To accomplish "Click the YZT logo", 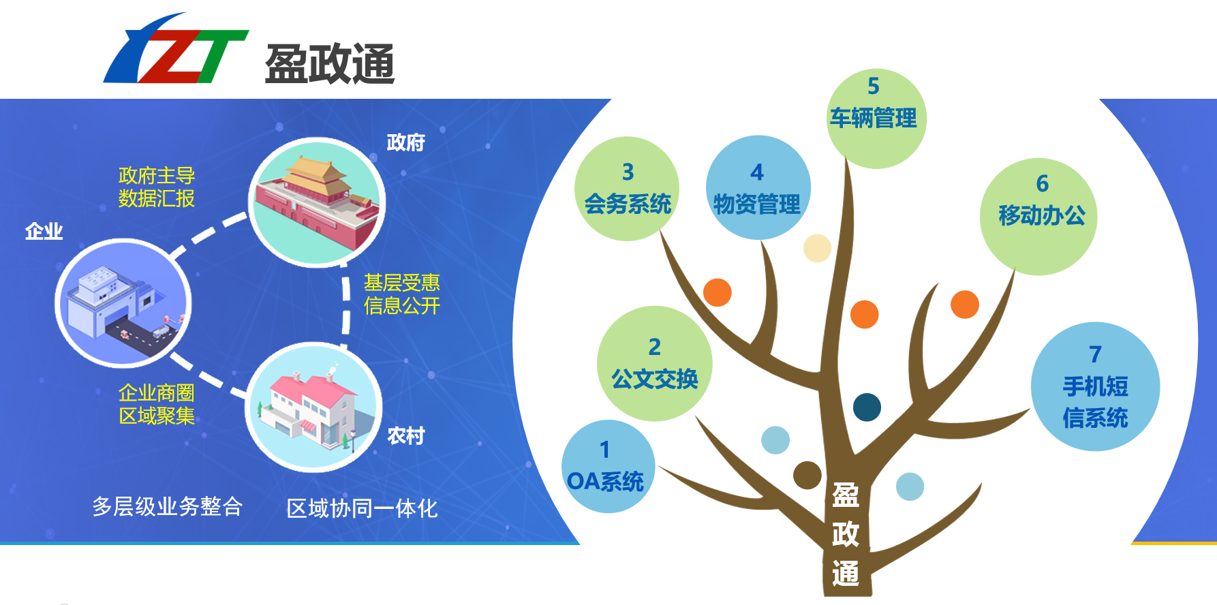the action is click(176, 49).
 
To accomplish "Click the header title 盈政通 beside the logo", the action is click(330, 64).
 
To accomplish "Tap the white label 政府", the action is click(405, 142).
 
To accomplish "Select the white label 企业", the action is click(44, 232).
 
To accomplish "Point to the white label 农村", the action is click(405, 436).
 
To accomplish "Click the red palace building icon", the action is click(317, 202).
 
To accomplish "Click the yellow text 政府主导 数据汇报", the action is click(157, 187).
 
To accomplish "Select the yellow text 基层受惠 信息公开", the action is click(402, 294).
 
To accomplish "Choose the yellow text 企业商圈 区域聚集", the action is click(157, 404).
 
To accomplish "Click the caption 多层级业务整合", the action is click(168, 506).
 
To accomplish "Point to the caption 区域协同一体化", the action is click(362, 508).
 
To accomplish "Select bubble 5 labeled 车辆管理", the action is click(876, 119).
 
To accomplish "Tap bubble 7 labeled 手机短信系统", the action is click(1095, 386).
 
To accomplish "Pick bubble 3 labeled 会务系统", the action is click(627, 189).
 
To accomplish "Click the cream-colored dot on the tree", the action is click(817, 248).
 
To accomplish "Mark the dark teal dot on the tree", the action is click(867, 407).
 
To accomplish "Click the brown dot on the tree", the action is click(807, 475).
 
